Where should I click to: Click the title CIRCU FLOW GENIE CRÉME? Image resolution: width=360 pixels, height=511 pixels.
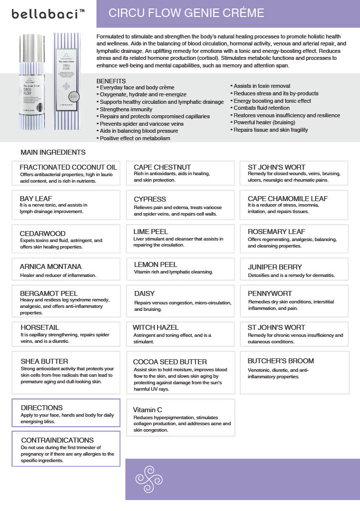point(186,13)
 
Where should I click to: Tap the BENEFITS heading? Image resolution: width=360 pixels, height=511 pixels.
point(111,81)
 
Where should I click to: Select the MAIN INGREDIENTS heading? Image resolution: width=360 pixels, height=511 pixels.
point(53,152)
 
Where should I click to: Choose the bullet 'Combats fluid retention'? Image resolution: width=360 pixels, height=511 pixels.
point(261,108)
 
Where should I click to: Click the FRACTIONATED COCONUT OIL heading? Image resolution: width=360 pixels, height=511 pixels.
point(68,167)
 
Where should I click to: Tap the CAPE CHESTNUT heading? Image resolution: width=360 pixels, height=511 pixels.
point(162,167)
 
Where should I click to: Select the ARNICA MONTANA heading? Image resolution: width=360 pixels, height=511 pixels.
point(50,266)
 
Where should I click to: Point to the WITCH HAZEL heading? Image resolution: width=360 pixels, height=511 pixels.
point(156,327)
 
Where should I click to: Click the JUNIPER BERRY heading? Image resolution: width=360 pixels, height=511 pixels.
point(275,267)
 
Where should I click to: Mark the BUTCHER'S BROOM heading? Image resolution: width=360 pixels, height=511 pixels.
point(281,361)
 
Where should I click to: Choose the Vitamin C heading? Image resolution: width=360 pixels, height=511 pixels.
point(148,410)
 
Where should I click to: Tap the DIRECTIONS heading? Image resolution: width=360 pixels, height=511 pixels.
point(42,408)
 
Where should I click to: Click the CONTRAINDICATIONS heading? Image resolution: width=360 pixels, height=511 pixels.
point(57,440)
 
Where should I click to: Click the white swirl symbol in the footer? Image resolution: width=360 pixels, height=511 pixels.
point(149,479)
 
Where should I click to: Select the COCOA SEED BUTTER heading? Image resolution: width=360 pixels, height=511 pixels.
point(170,362)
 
